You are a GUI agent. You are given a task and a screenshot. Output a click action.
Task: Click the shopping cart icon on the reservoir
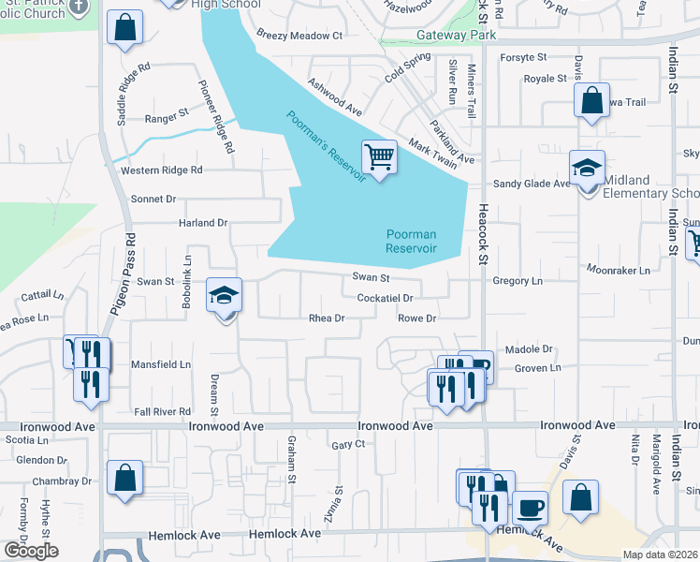click(379, 156)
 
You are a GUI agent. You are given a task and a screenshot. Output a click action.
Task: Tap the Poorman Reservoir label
click(412, 241)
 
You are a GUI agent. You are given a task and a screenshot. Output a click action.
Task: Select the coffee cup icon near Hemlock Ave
click(530, 507)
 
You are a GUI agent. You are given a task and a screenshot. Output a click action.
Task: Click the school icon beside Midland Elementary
click(588, 170)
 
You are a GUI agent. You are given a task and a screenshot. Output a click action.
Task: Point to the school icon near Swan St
click(225, 297)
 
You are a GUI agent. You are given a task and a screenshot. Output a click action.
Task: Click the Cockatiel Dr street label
click(385, 298)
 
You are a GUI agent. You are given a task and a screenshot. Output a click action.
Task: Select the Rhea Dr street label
click(328, 318)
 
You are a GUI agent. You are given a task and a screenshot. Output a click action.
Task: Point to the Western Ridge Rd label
click(161, 170)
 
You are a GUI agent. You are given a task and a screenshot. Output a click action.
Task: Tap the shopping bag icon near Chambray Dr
click(124, 479)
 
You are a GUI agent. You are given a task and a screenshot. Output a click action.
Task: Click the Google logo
click(31, 550)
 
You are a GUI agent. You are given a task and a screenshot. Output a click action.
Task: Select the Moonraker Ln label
click(618, 270)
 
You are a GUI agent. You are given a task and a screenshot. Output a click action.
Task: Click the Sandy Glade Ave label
click(532, 185)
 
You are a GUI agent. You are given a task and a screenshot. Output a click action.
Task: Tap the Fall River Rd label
click(163, 411)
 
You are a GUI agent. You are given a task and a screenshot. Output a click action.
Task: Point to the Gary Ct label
click(347, 445)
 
